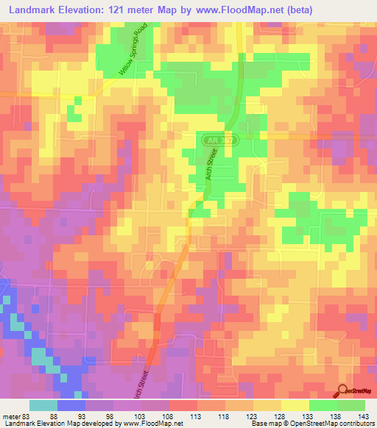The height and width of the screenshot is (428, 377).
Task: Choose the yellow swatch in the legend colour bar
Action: [295, 404]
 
